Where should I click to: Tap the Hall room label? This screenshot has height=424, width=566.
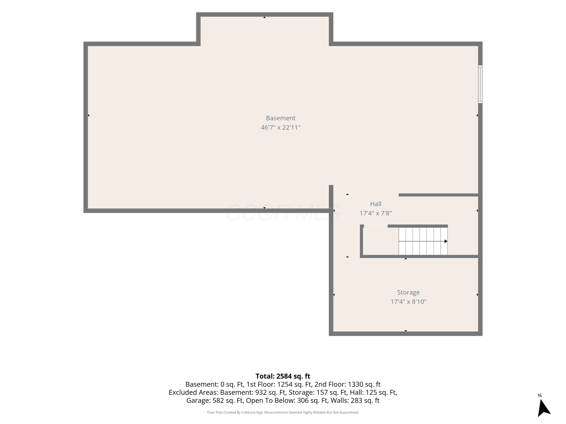(376, 204)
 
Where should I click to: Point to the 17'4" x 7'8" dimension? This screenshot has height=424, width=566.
(376, 213)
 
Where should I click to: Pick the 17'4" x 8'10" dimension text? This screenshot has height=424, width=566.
(408, 302)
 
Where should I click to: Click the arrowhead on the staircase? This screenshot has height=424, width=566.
(446, 241)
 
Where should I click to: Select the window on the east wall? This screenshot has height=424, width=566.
(480, 84)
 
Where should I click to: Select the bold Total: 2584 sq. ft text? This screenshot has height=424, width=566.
(283, 376)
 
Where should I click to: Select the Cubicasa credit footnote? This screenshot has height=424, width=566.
(283, 412)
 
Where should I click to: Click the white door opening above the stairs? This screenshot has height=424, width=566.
(376, 226)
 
